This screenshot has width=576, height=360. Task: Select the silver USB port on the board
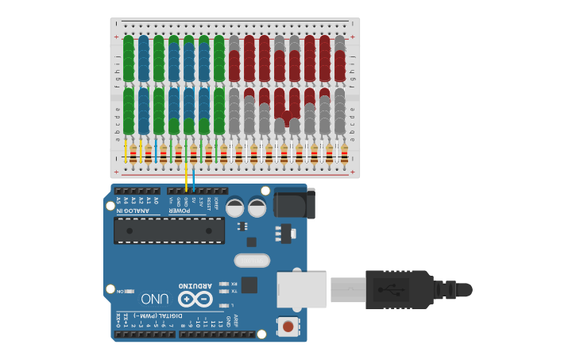click(301, 289)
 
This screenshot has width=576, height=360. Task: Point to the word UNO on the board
click(154, 299)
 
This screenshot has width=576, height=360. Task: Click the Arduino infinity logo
click(195, 299)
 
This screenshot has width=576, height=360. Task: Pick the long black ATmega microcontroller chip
click(168, 230)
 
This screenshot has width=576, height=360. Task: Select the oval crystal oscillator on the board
click(252, 260)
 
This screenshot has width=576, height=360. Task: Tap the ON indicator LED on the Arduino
click(130, 292)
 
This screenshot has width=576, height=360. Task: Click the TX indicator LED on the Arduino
click(223, 291)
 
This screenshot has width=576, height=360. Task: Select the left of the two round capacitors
click(235, 208)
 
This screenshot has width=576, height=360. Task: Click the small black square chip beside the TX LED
click(249, 285)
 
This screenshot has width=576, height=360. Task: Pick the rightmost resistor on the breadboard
click(343, 153)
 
